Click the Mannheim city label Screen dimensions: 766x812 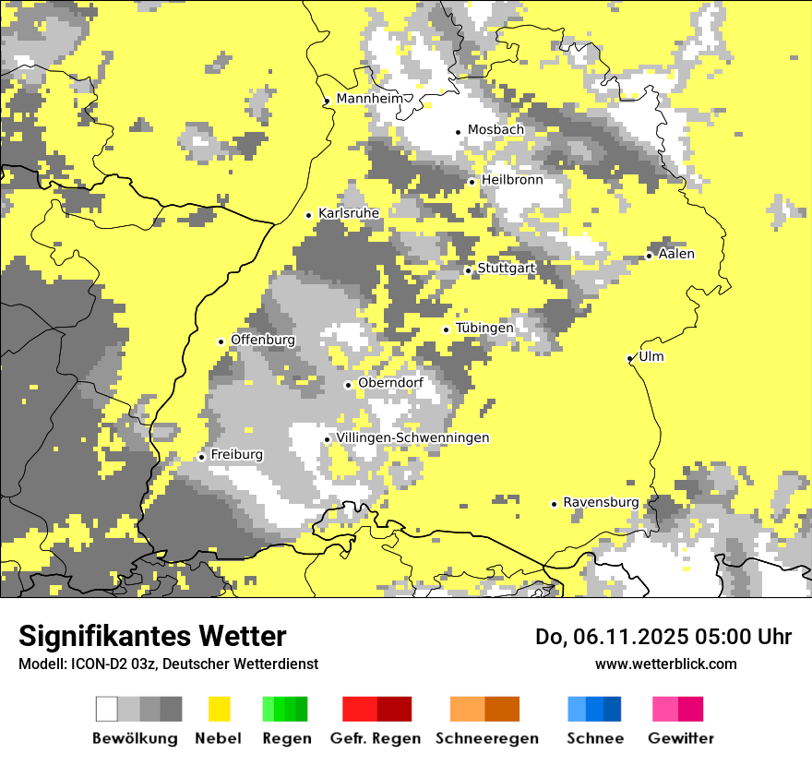tap(369, 99)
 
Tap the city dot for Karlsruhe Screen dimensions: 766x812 tap(309, 215)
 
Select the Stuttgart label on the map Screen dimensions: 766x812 tap(507, 269)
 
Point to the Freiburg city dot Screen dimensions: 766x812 tap(201, 457)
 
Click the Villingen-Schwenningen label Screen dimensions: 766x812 tap(412, 437)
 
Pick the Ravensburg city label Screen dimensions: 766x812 tap(601, 502)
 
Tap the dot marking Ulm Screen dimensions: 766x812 tap(629, 358)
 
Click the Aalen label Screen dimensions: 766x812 tap(676, 254)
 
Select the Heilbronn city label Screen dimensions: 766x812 tap(512, 180)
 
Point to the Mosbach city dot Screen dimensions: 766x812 tap(458, 131)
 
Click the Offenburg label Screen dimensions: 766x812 tap(263, 340)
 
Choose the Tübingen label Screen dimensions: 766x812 tap(484, 328)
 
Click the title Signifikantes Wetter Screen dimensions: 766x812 tap(152, 637)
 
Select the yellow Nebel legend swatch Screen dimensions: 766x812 tap(219, 709)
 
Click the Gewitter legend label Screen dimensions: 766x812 tap(681, 738)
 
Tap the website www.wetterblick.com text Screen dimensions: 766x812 tap(665, 664)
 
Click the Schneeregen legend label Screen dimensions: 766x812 tap(487, 738)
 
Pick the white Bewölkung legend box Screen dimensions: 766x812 tap(106, 709)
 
